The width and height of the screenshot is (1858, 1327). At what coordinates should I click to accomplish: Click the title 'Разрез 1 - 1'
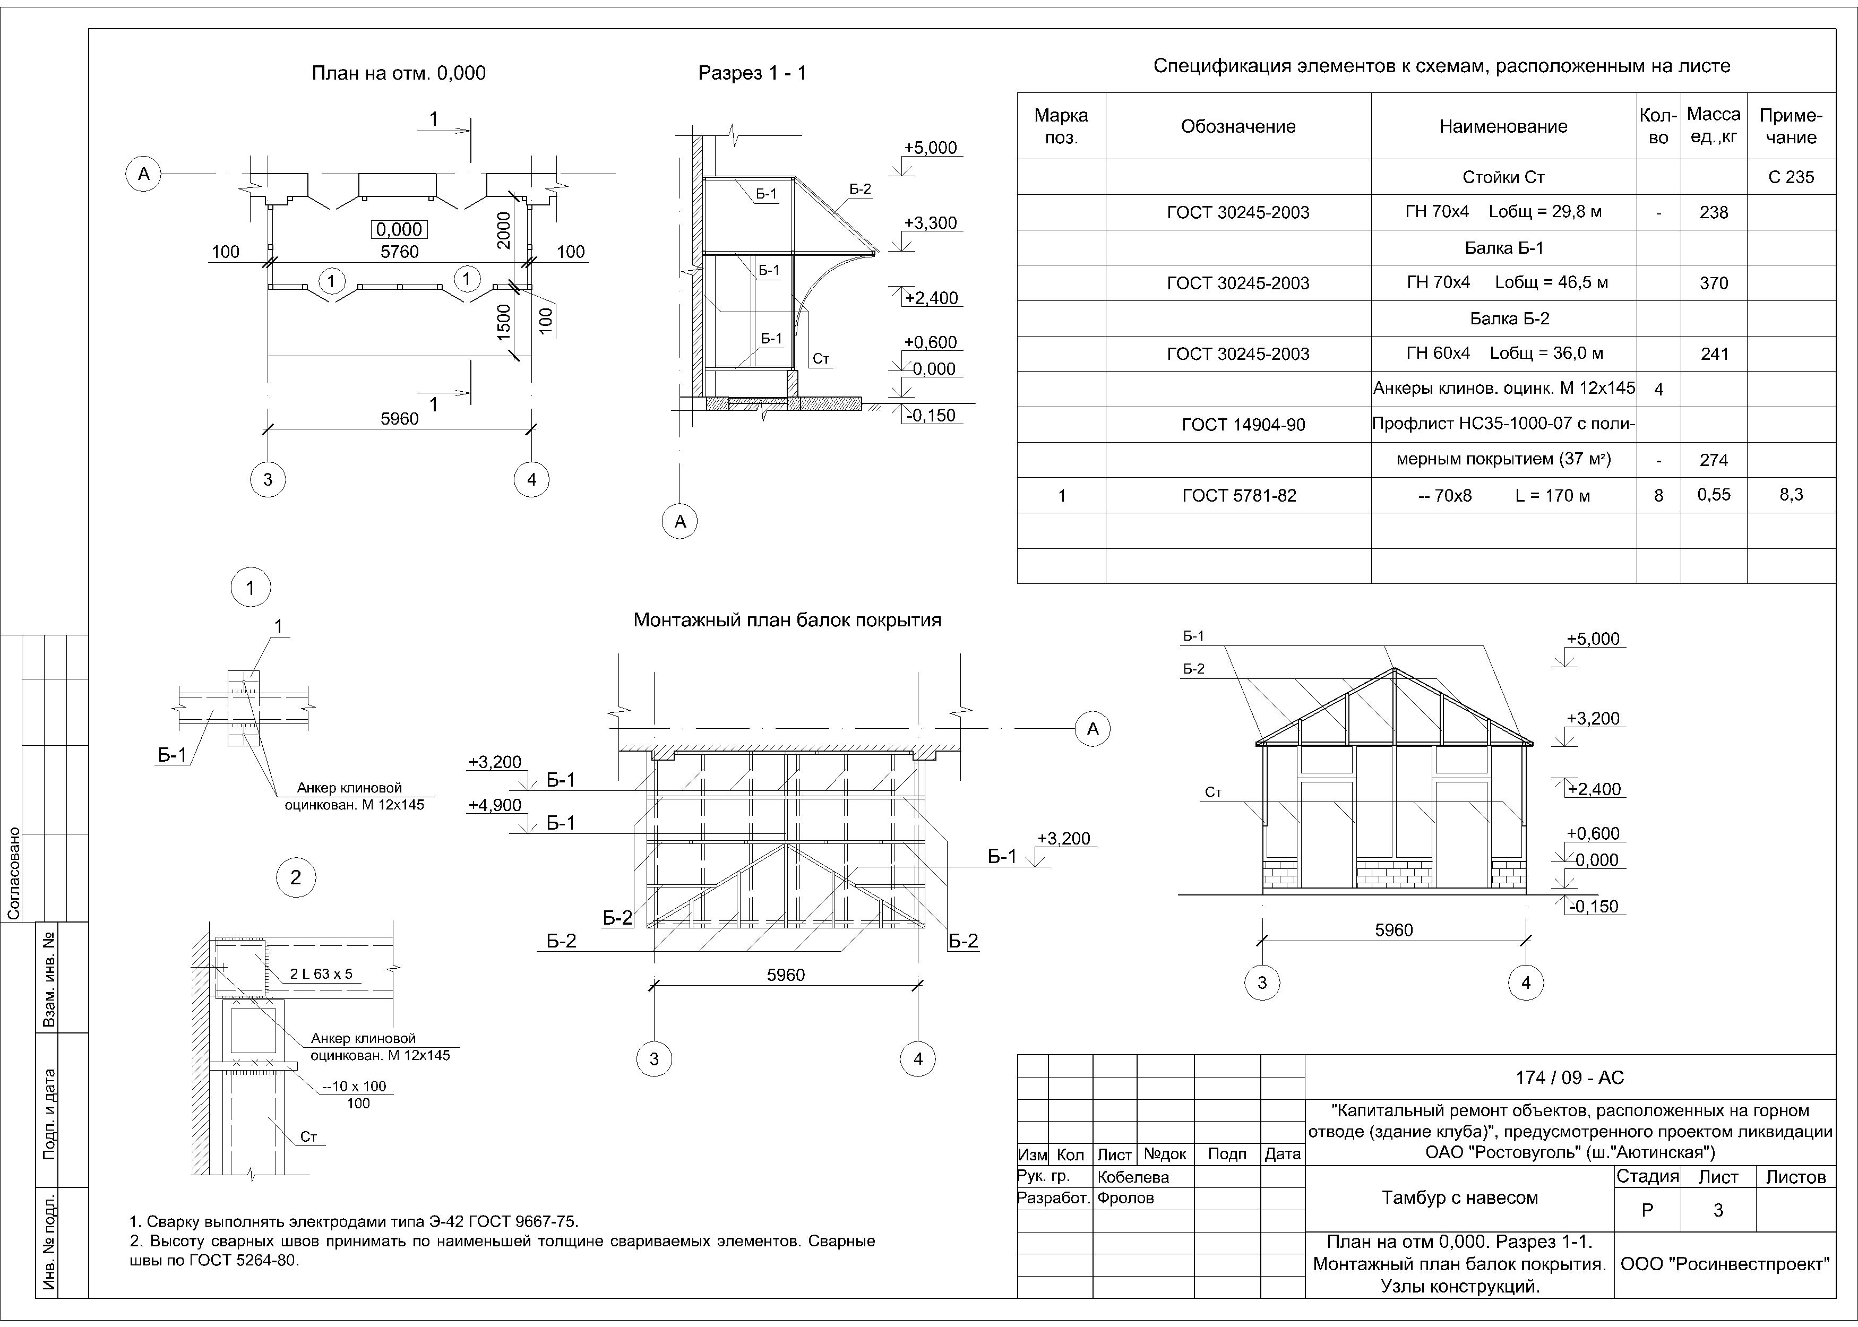click(x=752, y=74)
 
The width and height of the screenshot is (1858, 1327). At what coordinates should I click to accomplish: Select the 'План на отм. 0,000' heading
click(x=399, y=74)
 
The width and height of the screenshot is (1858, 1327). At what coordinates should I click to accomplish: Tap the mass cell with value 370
click(x=1714, y=283)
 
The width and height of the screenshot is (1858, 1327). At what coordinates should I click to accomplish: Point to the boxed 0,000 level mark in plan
click(x=400, y=230)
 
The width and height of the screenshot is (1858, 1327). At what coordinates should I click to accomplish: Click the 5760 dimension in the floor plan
click(x=400, y=252)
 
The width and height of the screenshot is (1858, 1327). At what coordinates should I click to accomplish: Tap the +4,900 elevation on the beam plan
click(x=494, y=805)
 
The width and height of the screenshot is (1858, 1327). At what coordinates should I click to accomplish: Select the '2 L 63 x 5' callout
click(x=321, y=974)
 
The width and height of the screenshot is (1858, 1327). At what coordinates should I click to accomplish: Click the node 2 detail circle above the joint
click(x=296, y=877)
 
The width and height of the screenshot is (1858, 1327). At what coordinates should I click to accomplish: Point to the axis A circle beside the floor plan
click(x=144, y=174)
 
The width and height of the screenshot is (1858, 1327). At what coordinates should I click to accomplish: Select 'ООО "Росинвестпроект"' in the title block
click(x=1725, y=1264)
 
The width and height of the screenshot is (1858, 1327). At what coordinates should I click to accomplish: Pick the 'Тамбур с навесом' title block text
click(x=1459, y=1198)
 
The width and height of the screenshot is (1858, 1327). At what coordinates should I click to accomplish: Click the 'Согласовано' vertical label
click(x=14, y=873)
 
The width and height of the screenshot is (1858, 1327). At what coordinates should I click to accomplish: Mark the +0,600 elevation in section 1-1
click(x=930, y=342)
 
